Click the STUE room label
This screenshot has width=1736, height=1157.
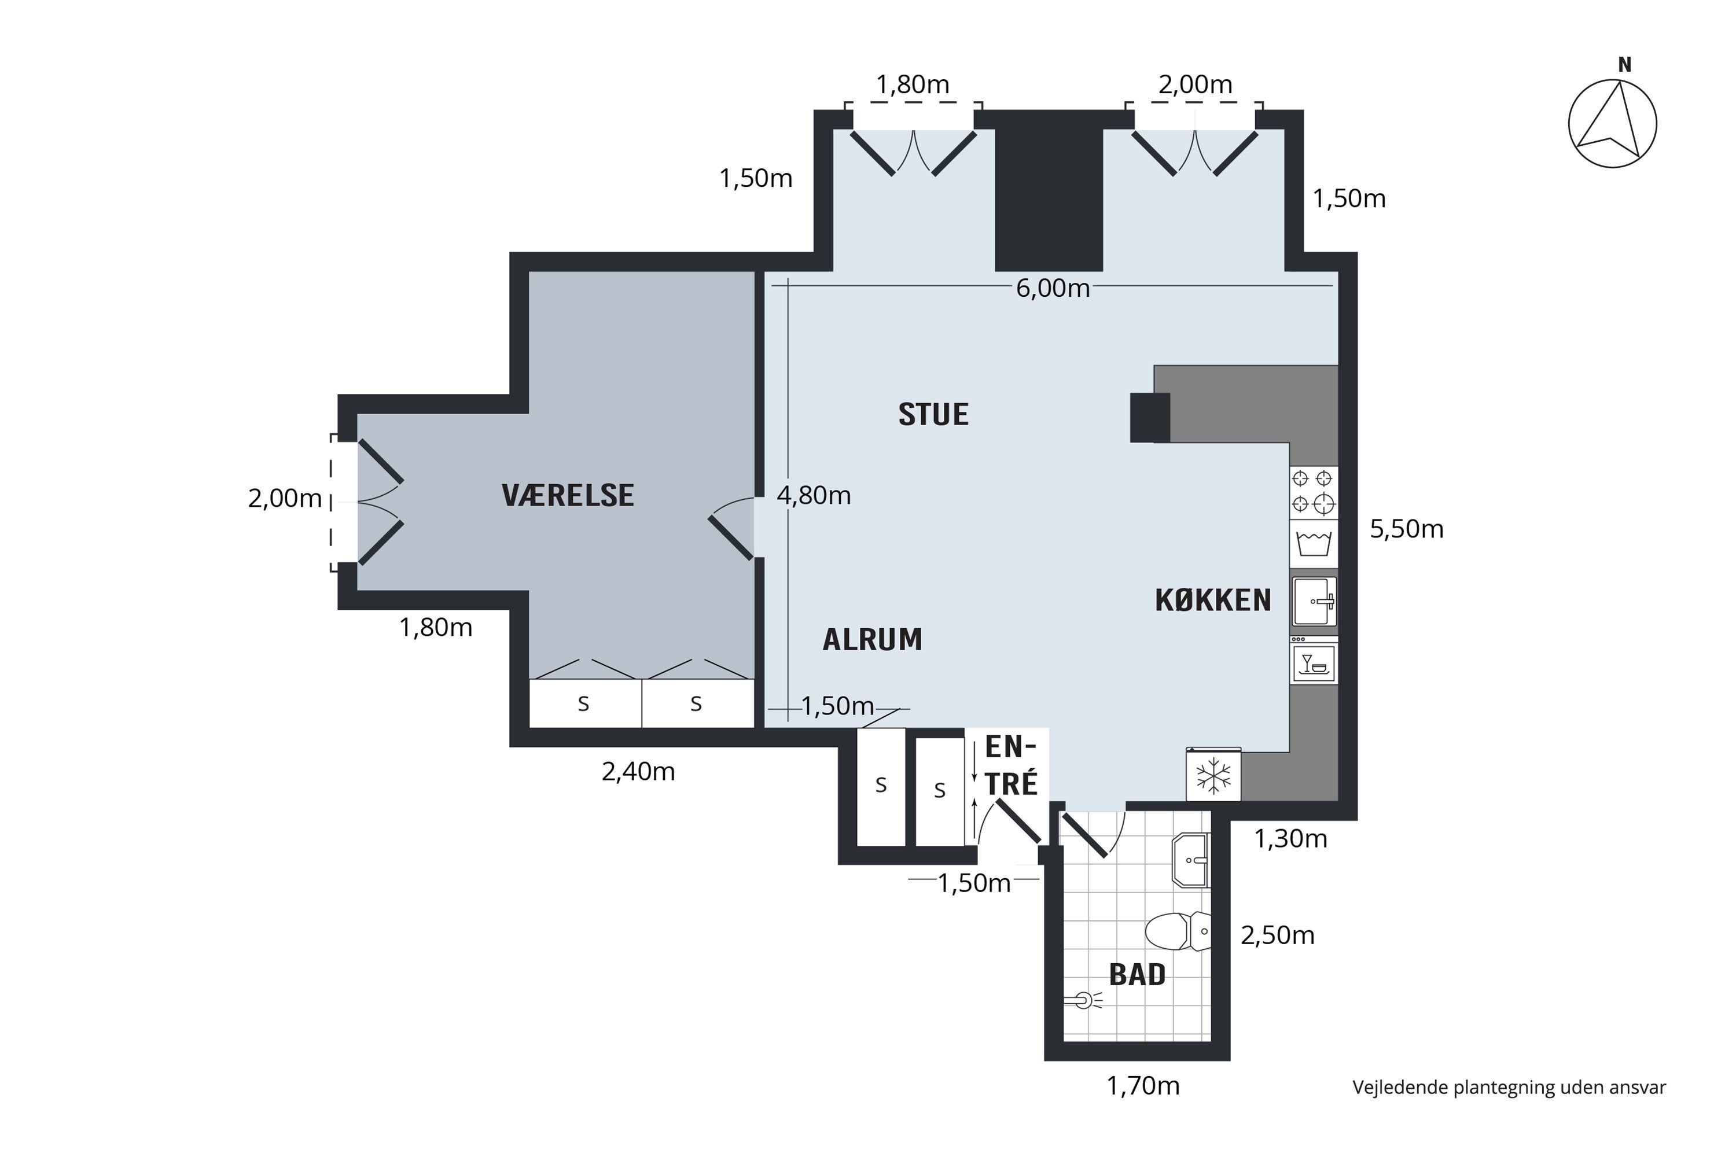(x=933, y=415)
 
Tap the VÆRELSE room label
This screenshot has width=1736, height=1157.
(x=568, y=496)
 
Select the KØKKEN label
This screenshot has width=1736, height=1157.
(x=1213, y=600)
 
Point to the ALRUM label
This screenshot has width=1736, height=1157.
(x=873, y=640)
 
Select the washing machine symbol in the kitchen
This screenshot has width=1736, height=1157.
(x=1314, y=544)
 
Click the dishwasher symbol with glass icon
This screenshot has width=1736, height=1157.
(x=1314, y=661)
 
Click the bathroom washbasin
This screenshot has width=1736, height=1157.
(x=1190, y=860)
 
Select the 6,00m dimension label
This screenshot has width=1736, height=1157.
(x=1053, y=289)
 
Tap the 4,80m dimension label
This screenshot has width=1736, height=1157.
(x=814, y=495)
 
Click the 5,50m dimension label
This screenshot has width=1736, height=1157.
(x=1406, y=529)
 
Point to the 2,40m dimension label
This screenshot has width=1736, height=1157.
(x=638, y=772)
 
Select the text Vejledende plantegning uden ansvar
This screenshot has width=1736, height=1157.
(x=1509, y=1088)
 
